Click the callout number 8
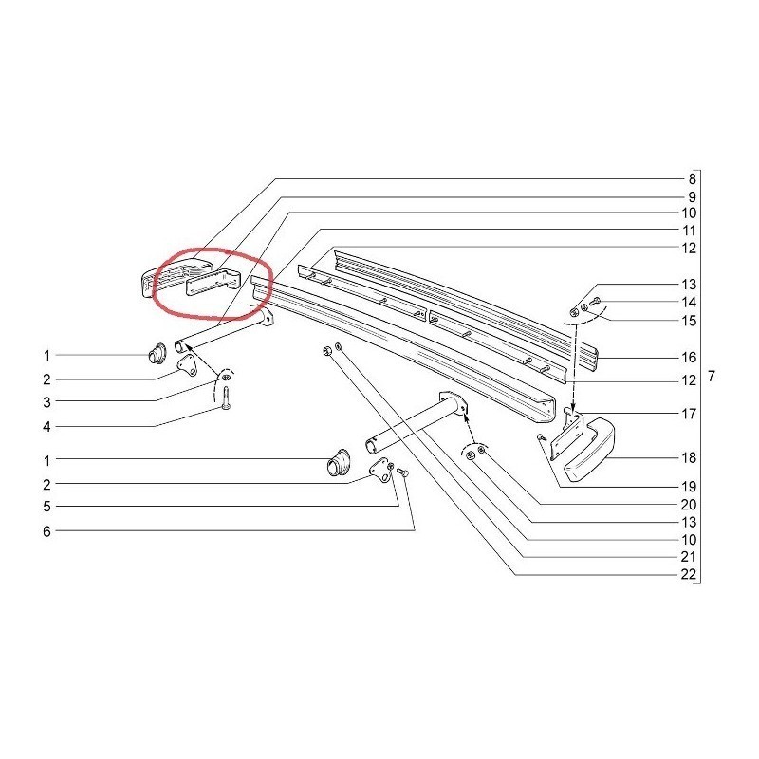[x=692, y=179]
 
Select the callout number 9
[x=692, y=197]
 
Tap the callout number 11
[x=689, y=231]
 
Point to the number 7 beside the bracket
[x=711, y=376]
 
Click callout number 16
[x=689, y=358]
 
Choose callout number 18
[x=689, y=457]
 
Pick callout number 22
[x=689, y=574]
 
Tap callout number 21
[x=689, y=557]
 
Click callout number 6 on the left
[x=46, y=531]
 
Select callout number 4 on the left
[x=46, y=427]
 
